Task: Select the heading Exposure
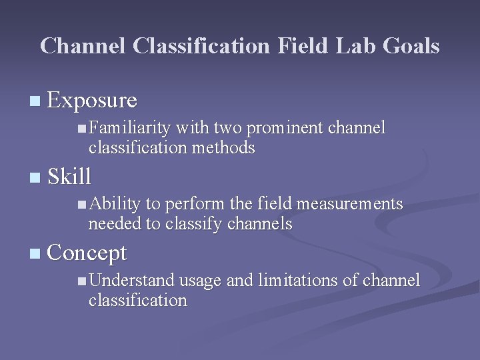pos(93,101)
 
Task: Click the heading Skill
pos(69,177)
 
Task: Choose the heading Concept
pos(87,253)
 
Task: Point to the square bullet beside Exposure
pos(35,102)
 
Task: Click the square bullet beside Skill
pos(35,178)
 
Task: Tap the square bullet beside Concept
pos(35,254)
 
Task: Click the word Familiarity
pos(129,128)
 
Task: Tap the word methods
pos(223,147)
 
